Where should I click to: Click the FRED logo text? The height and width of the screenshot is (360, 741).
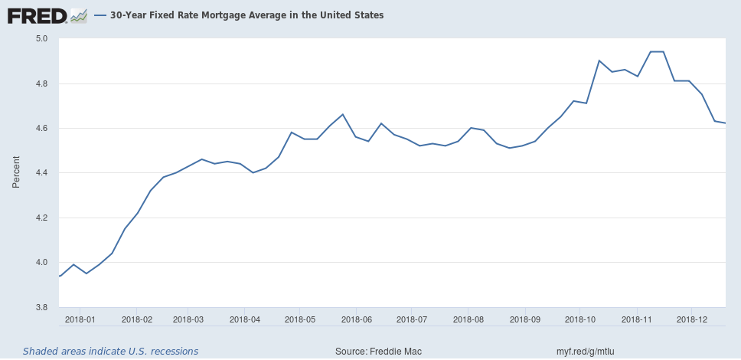pyautogui.click(x=35, y=15)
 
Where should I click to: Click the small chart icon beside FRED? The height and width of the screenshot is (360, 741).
pyautogui.click(x=78, y=15)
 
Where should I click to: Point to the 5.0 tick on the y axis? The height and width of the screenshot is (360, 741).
pyautogui.click(x=42, y=38)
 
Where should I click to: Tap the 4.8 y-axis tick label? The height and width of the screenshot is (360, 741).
pyautogui.click(x=42, y=83)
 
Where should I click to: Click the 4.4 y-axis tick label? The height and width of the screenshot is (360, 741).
pyautogui.click(x=42, y=173)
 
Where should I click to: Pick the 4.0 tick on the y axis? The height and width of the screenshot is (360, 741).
pyautogui.click(x=42, y=263)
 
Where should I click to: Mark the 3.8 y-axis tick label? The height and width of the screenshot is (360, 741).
pyautogui.click(x=42, y=308)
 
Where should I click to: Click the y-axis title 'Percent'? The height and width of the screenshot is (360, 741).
pyautogui.click(x=16, y=173)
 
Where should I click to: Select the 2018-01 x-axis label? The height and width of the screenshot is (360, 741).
pyautogui.click(x=80, y=319)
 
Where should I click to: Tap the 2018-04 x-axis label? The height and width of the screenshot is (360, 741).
pyautogui.click(x=246, y=319)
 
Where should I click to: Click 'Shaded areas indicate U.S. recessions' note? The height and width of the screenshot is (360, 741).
pyautogui.click(x=110, y=351)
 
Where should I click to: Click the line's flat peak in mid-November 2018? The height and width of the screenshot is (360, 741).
pyautogui.click(x=656, y=52)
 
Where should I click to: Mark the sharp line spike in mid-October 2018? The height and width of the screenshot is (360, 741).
pyautogui.click(x=599, y=61)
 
